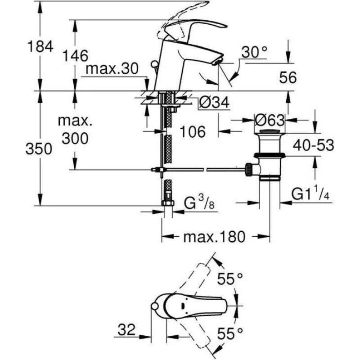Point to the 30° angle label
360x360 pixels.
(x=254, y=52)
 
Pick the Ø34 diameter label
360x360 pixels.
(x=214, y=103)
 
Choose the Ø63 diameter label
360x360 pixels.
(x=269, y=121)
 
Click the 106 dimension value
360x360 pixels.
(x=193, y=131)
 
